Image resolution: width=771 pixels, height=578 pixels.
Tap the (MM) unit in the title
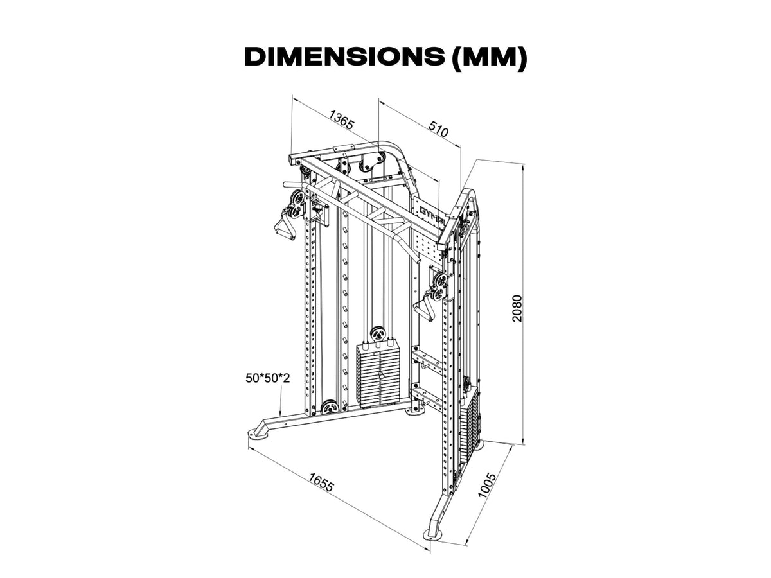point(489,57)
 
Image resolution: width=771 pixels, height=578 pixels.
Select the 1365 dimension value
point(341,120)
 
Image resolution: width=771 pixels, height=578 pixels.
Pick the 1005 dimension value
point(490,486)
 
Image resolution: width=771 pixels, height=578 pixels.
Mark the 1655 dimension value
point(321,483)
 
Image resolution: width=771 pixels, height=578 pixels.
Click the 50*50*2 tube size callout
point(267,378)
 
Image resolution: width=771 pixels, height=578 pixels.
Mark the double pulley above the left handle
point(296,203)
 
